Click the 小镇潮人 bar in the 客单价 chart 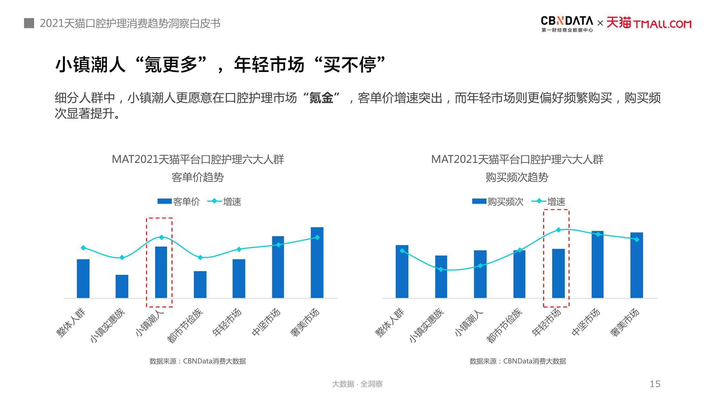(161, 272)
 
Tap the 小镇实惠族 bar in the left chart (122, 286)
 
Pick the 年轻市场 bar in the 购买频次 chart (558, 273)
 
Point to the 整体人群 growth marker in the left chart (83, 248)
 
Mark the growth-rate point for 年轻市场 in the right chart (558, 230)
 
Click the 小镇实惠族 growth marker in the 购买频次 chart (441, 269)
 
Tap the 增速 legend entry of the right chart (548, 202)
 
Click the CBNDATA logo (567, 24)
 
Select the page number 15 (655, 384)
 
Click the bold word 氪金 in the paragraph (321, 98)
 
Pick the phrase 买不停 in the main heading (350, 65)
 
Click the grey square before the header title (29, 23)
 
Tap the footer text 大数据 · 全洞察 (357, 384)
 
